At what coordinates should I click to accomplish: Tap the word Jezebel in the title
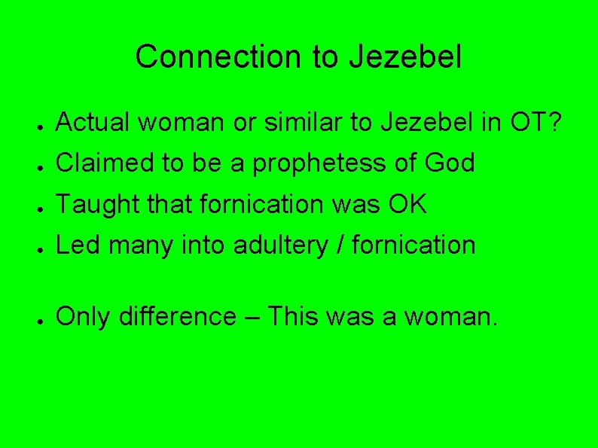pos(406,57)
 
